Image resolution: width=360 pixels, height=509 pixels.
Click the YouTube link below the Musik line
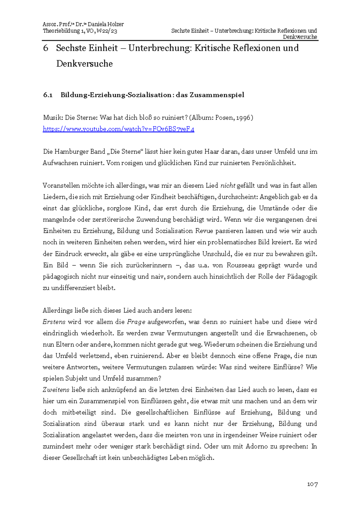pyautogui.click(x=118, y=129)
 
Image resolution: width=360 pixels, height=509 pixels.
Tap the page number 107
pyautogui.click(x=312, y=484)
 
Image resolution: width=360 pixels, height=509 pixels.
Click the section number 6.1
pyautogui.click(x=48, y=95)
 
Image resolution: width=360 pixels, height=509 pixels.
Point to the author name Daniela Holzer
pyautogui.click(x=106, y=24)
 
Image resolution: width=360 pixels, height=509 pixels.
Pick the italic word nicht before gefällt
pyautogui.click(x=228, y=186)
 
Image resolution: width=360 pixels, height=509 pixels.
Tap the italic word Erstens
pyautogui.click(x=54, y=322)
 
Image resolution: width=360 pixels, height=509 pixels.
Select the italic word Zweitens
pyautogui.click(x=56, y=390)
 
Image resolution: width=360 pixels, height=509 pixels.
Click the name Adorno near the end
pyautogui.click(x=256, y=447)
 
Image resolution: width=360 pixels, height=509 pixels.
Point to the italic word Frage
pyautogui.click(x=136, y=322)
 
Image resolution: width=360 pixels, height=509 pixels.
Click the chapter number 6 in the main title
pyautogui.click(x=46, y=48)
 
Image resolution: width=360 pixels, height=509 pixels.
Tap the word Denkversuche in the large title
pyautogui.click(x=84, y=64)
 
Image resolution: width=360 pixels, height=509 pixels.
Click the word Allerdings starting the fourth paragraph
pyautogui.click(x=57, y=311)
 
